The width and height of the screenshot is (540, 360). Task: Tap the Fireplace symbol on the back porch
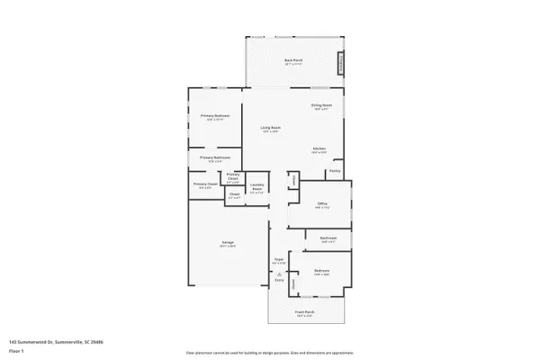pyautogui.click(x=341, y=64)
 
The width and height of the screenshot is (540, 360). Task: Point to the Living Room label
pyautogui.click(x=271, y=129)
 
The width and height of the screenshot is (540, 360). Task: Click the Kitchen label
pyautogui.click(x=319, y=149)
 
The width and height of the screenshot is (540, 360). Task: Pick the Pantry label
pyautogui.click(x=334, y=169)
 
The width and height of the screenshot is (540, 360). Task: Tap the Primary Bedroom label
pyautogui.click(x=214, y=118)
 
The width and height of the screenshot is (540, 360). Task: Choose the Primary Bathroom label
pyautogui.click(x=215, y=158)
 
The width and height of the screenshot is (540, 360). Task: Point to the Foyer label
pyautogui.click(x=279, y=261)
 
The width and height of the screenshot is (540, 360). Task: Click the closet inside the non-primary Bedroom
pyautogui.click(x=292, y=283)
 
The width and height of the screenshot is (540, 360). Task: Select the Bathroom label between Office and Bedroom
pyautogui.click(x=328, y=239)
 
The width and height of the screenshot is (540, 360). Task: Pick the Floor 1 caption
pyautogui.click(x=16, y=349)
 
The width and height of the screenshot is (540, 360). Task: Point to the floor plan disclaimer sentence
pyautogui.click(x=270, y=353)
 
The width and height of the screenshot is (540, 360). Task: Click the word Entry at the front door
pyautogui.click(x=279, y=281)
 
